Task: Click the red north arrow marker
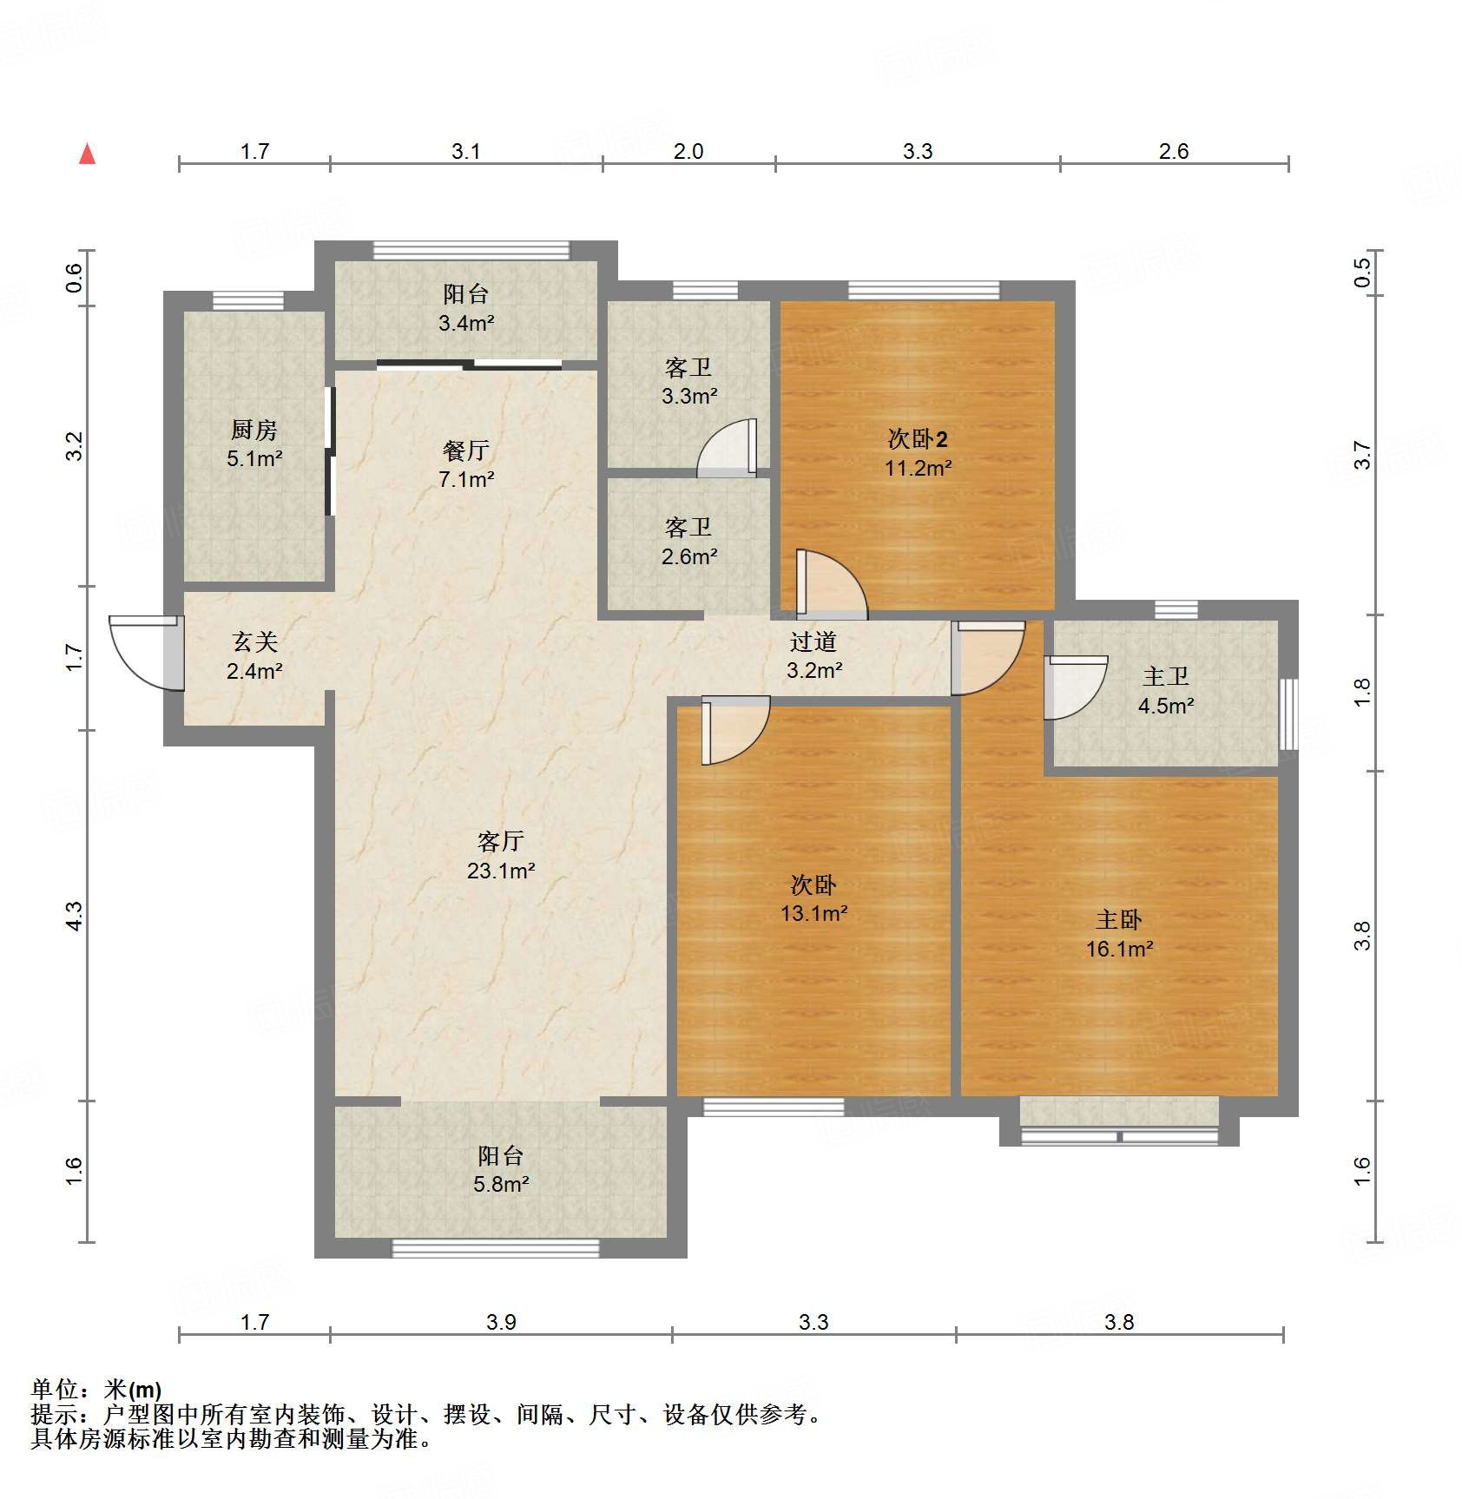[88, 154]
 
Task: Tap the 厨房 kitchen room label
[254, 430]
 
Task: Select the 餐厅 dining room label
[466, 450]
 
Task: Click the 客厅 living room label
[501, 841]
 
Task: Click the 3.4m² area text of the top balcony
[466, 324]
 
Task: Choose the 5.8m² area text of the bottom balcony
[501, 1184]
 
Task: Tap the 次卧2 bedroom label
[918, 439]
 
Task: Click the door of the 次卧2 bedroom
[832, 585]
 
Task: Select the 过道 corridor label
[813, 641]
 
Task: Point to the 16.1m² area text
[1119, 950]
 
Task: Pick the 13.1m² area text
[813, 914]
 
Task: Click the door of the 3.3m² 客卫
[728, 448]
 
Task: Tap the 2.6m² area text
[689, 556]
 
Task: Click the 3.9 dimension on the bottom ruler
[501, 1322]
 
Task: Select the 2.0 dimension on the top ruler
[688, 151]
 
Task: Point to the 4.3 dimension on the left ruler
[74, 916]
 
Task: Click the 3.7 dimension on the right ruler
[1362, 456]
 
